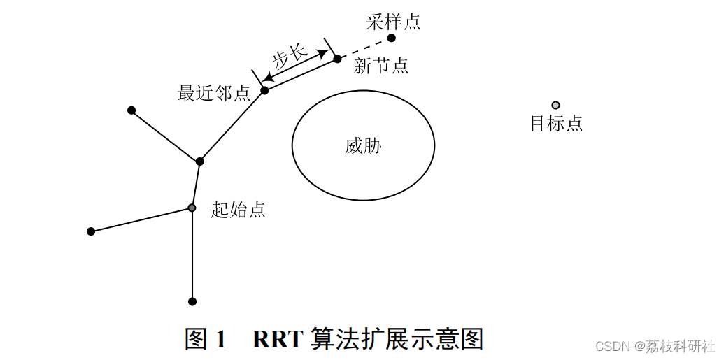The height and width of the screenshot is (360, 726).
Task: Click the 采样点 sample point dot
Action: pos(392,38)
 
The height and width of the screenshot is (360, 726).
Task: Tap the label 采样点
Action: pos(393,22)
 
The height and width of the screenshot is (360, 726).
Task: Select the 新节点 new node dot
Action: pos(337,59)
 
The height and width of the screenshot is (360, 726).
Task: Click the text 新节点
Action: pos(381,66)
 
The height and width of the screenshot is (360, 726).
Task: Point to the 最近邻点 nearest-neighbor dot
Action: pos(264,90)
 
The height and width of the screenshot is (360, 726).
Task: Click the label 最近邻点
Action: pos(213,93)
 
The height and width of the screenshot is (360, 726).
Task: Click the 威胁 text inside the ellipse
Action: pos(363,145)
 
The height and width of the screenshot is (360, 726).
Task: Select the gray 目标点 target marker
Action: pos(555,106)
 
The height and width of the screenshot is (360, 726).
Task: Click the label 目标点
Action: pos(556,124)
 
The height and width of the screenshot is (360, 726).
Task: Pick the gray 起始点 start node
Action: pos(192,208)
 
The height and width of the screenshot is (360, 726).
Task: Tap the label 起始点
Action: pos(238,210)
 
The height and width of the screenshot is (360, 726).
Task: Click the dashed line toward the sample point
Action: pos(364,48)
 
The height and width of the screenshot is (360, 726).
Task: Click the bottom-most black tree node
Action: pos(192,301)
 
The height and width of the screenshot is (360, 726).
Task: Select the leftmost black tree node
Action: pos(91,231)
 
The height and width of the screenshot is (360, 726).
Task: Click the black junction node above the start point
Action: pos(199,161)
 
